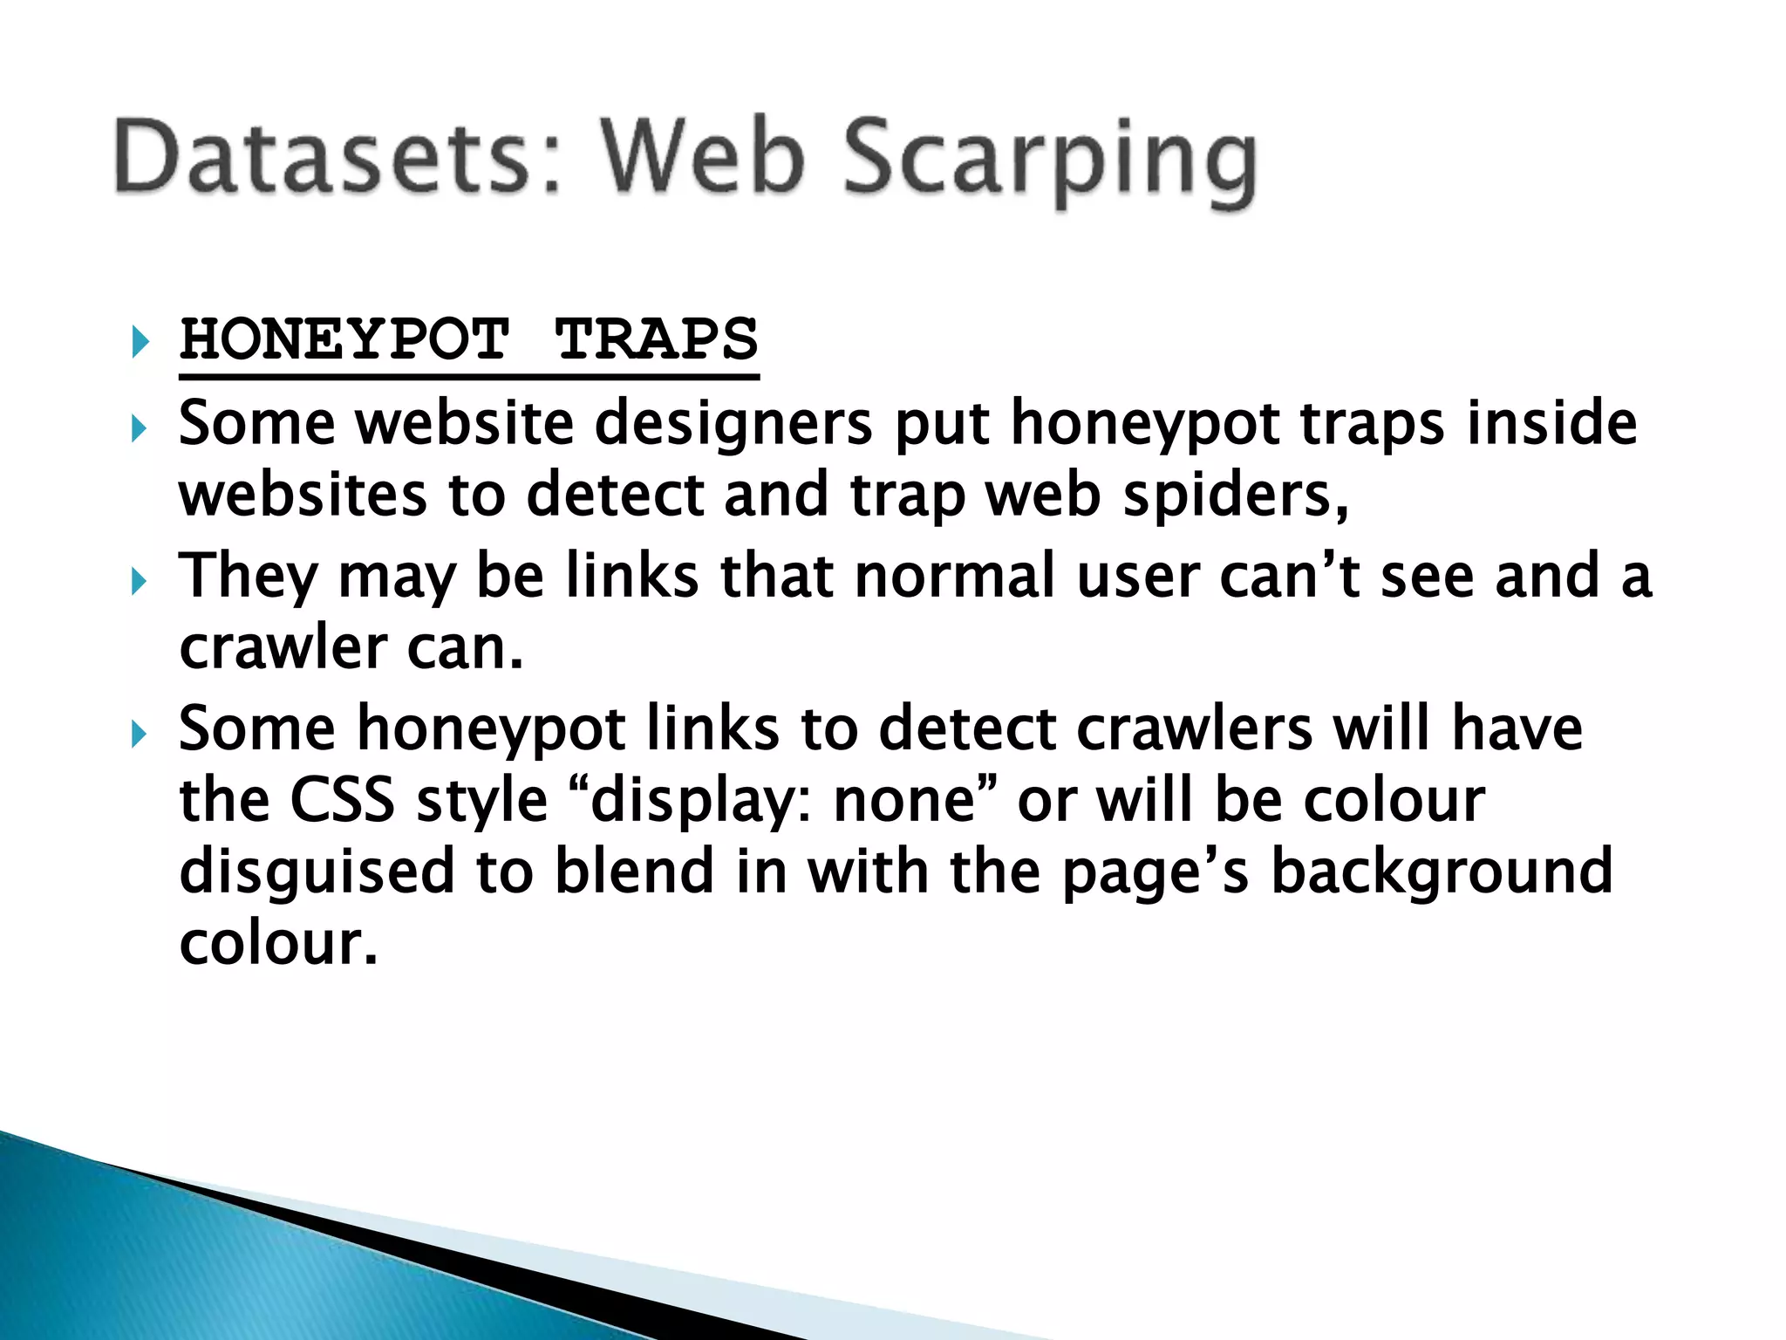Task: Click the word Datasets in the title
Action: [x=323, y=157]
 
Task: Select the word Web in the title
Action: [x=703, y=157]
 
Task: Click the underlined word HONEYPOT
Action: [x=344, y=339]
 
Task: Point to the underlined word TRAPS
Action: [x=657, y=339]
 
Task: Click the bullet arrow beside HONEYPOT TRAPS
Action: [x=140, y=341]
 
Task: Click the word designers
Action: [x=733, y=424]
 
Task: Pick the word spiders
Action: [x=1235, y=496]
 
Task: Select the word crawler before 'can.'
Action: [x=283, y=648]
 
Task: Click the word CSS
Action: [x=342, y=800]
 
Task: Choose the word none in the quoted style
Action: [x=903, y=800]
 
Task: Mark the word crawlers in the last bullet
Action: [x=1195, y=728]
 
